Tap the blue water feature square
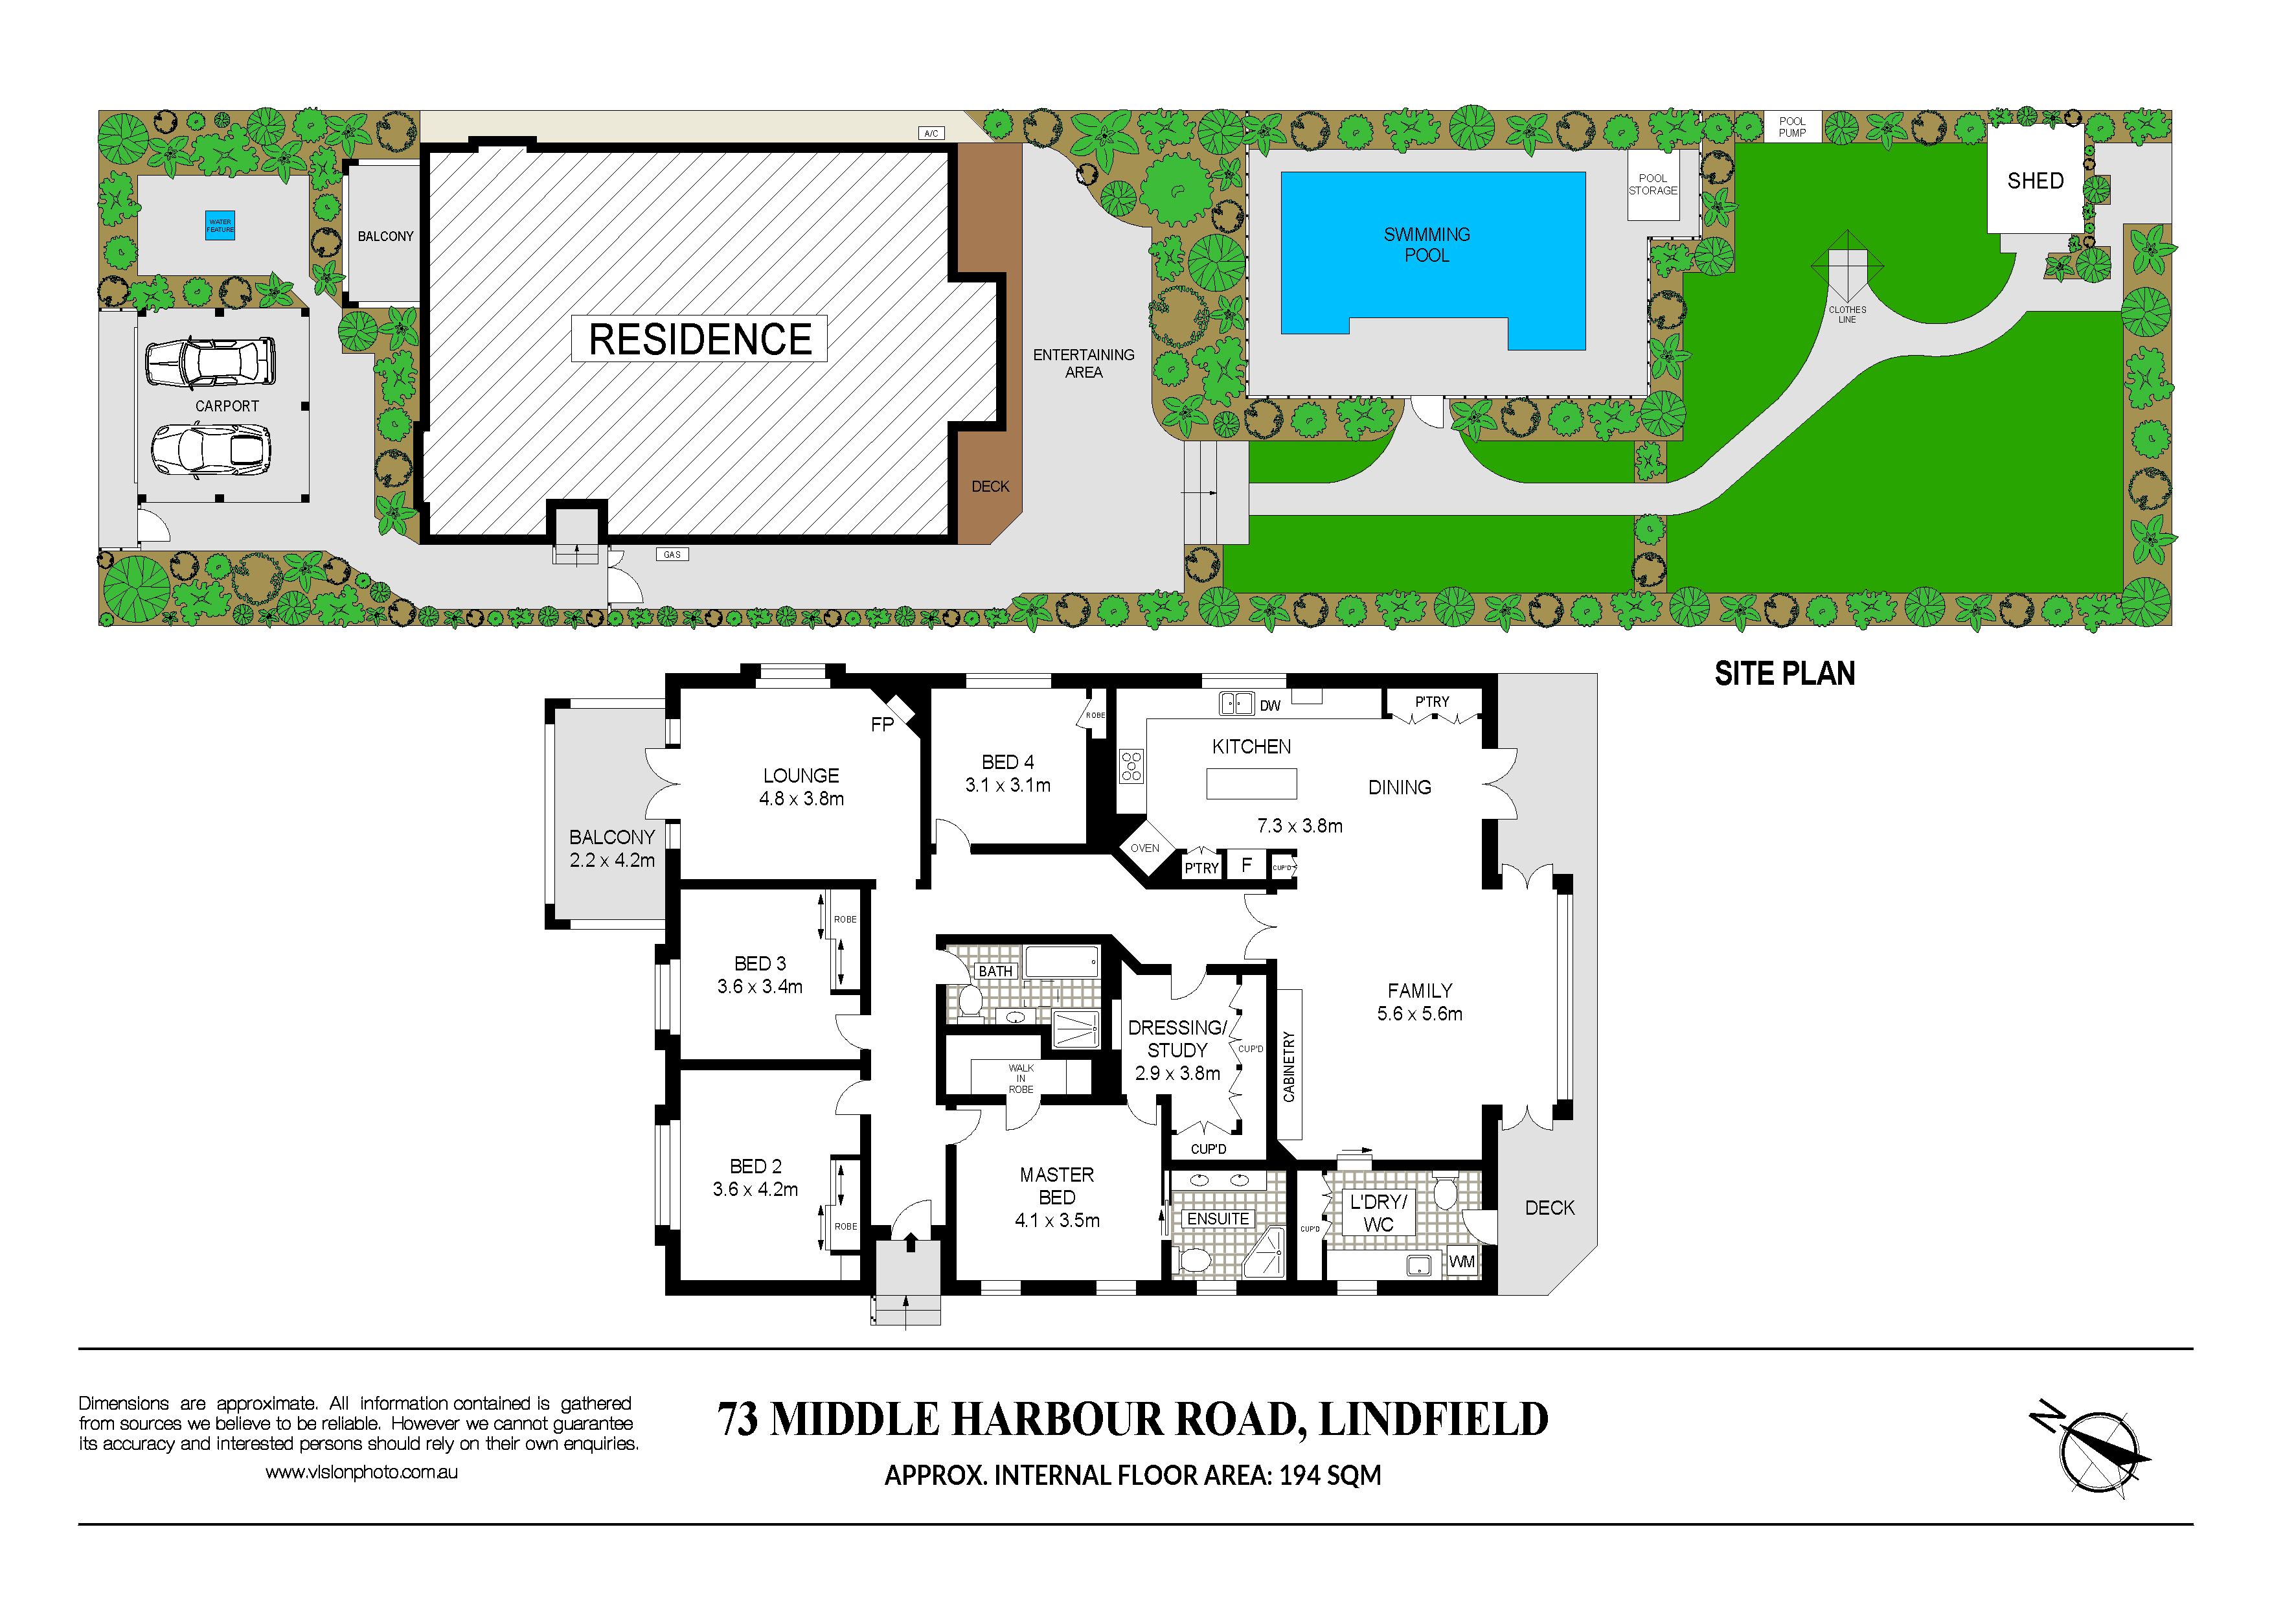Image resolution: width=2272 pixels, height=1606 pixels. pyautogui.click(x=220, y=225)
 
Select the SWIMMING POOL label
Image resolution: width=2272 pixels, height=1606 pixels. pyautogui.click(x=1426, y=244)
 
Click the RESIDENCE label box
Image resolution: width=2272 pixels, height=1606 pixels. pyautogui.click(x=699, y=339)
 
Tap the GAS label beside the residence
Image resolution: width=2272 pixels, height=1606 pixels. pyautogui.click(x=672, y=555)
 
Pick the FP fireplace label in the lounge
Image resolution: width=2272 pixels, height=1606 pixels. pyautogui.click(x=881, y=724)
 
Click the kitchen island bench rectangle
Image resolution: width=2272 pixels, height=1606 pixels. pyautogui.click(x=1251, y=783)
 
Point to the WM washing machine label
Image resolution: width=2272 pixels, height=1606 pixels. pyautogui.click(x=1462, y=1261)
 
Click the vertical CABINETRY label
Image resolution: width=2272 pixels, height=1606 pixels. pyautogui.click(x=1288, y=1067)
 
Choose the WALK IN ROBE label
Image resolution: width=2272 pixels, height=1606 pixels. pyautogui.click(x=1020, y=1079)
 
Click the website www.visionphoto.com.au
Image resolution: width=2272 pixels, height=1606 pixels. pyautogui.click(x=361, y=1473)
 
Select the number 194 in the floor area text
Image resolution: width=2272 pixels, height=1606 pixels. pyautogui.click(x=1299, y=1475)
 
